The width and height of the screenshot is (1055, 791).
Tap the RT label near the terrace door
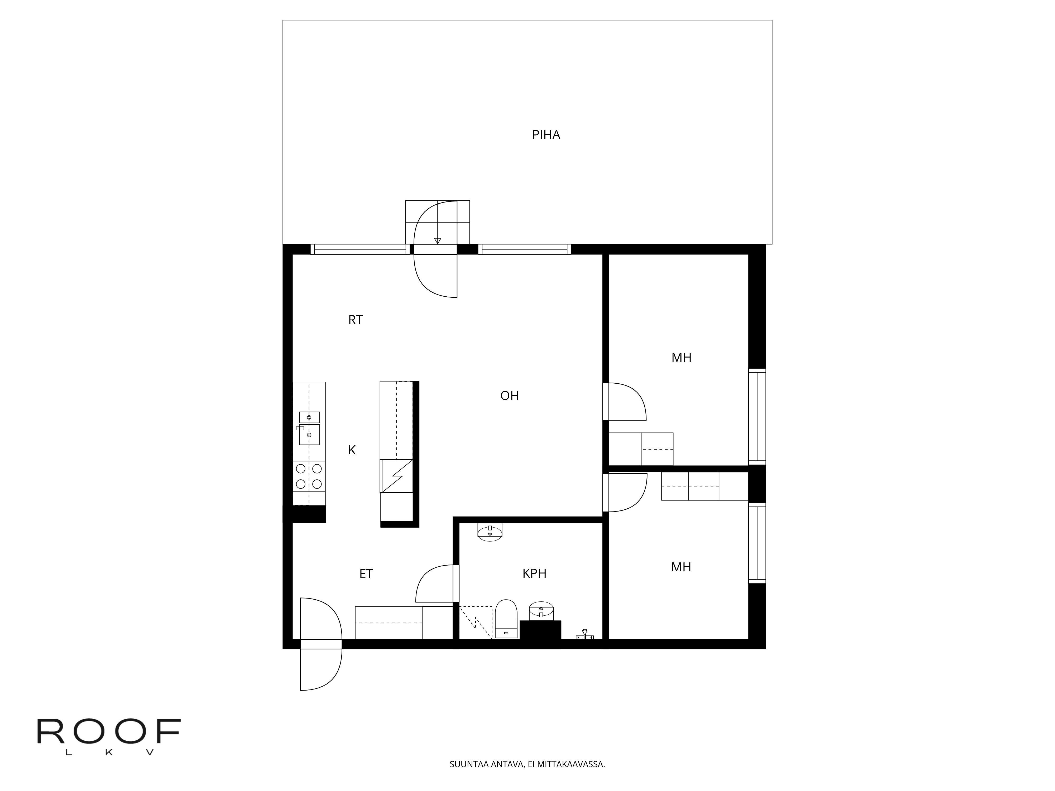pyautogui.click(x=355, y=320)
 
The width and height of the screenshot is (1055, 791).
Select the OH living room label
pyautogui.click(x=509, y=396)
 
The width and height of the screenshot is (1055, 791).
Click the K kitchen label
pyautogui.click(x=352, y=450)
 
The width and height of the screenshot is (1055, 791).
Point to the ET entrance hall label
pyautogui.click(x=366, y=574)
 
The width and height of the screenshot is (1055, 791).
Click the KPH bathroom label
pyautogui.click(x=534, y=573)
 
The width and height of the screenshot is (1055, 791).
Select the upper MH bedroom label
pyautogui.click(x=681, y=358)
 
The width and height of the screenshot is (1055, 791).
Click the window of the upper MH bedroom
pyautogui.click(x=757, y=416)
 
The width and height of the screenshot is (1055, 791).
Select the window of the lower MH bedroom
pyautogui.click(x=757, y=543)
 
